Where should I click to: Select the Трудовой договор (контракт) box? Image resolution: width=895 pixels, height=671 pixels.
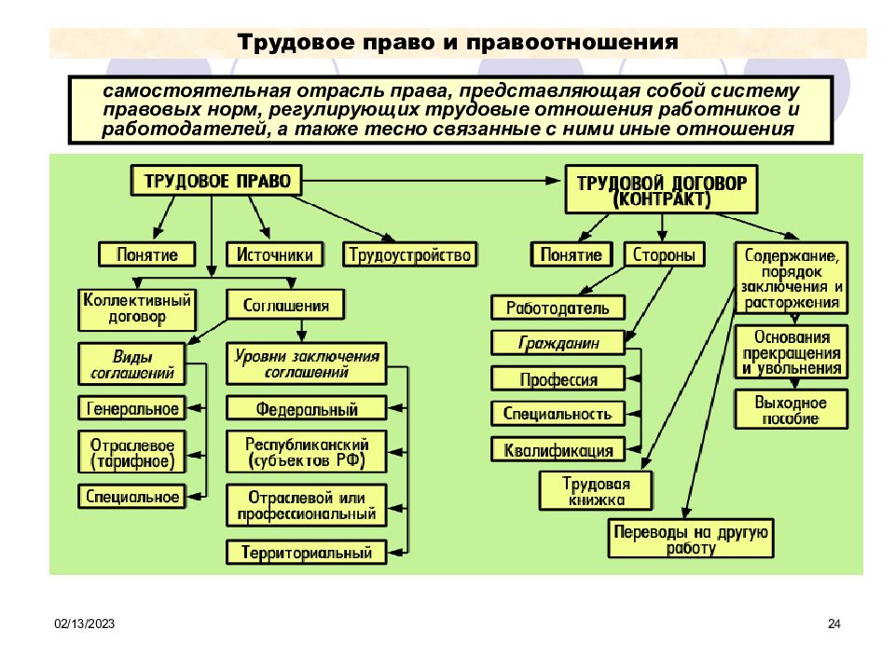662,190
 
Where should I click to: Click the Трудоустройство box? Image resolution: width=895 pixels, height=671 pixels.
410,253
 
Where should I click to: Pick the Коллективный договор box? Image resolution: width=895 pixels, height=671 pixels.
137,308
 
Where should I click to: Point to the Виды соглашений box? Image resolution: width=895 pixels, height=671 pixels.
131,364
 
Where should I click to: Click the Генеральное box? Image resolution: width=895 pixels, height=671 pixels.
131,407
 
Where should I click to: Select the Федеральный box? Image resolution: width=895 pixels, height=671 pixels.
306,408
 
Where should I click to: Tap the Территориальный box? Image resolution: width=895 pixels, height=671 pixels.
306,552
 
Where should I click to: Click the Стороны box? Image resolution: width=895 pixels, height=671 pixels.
661,254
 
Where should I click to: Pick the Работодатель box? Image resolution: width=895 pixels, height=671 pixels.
558,307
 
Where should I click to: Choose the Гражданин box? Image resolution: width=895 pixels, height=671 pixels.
558,343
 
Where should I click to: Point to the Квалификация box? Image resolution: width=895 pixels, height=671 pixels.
558,450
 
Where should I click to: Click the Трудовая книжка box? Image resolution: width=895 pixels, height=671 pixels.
595,491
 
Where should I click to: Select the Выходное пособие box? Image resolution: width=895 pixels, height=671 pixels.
791,410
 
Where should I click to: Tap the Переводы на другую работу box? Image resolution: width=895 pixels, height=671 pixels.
690,540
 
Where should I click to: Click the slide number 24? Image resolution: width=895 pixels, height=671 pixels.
834,624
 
